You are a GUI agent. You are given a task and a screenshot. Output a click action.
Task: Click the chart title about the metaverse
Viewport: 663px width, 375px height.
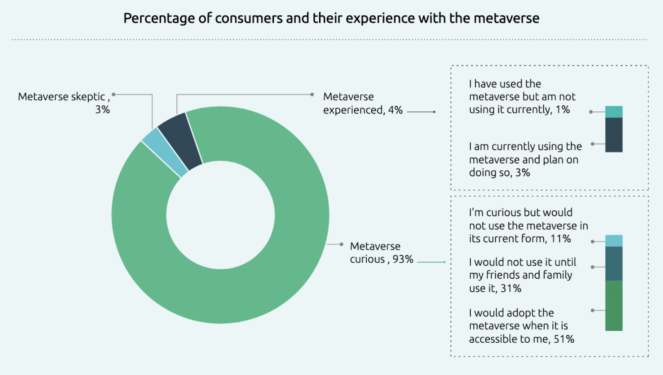(x=331, y=18)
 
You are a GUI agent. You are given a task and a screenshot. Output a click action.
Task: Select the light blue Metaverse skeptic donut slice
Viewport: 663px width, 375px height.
(x=165, y=152)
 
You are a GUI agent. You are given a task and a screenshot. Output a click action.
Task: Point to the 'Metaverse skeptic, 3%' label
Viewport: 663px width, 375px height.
(x=64, y=103)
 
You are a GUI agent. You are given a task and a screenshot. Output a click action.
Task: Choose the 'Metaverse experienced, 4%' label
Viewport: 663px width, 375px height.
(x=363, y=103)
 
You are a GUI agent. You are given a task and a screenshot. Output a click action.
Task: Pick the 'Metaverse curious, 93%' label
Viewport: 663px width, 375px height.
(x=381, y=253)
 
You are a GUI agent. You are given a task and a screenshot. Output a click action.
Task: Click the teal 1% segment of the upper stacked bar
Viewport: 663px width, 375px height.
(x=614, y=112)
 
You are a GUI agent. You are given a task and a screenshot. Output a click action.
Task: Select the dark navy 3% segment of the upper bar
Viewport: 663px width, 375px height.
(x=614, y=135)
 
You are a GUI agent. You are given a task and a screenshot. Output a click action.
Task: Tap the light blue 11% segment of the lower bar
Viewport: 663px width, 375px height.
(x=614, y=241)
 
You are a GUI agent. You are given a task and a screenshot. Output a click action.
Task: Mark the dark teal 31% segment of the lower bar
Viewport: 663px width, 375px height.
(x=614, y=264)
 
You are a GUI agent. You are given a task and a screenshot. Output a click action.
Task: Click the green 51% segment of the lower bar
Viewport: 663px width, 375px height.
(x=614, y=306)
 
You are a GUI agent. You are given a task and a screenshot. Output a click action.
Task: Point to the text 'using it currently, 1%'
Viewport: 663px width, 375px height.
(x=519, y=110)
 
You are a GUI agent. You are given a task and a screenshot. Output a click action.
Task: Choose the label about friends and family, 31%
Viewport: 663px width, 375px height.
(x=522, y=275)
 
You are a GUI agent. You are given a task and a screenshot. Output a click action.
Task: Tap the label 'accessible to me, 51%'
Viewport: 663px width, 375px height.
(x=521, y=339)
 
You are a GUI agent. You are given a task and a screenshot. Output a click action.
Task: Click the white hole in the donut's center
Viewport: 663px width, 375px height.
(x=220, y=215)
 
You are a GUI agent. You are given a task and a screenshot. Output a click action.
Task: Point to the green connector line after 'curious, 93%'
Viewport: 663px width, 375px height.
(x=431, y=262)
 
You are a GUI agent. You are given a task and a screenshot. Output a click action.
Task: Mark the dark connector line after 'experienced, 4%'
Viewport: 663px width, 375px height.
(x=421, y=112)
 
